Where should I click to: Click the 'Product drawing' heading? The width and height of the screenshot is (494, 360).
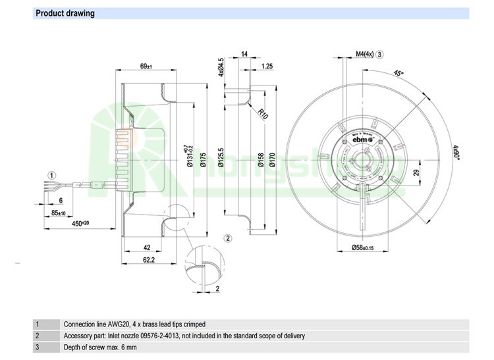(x=65, y=13)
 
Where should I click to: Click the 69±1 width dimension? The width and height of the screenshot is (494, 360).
(x=146, y=66)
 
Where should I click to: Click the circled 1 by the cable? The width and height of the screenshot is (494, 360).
(x=51, y=175)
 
